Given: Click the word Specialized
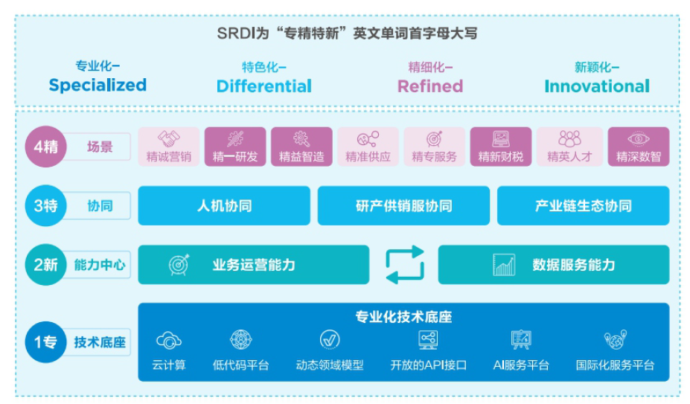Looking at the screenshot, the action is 98,85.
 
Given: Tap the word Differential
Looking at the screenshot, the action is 264,86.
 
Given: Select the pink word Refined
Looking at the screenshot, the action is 430,86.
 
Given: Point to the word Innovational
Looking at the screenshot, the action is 597,86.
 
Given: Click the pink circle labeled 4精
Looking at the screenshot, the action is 45,147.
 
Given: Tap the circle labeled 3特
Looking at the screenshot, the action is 45,205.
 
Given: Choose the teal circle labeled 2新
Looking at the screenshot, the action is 45,264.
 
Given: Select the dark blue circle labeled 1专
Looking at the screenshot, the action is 45,342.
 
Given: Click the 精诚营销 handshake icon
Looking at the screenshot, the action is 169,139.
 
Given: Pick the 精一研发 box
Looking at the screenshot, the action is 235,147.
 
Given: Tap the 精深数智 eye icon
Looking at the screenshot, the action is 639,139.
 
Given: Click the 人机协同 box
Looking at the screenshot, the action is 224,205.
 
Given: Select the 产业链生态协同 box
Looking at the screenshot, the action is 583,205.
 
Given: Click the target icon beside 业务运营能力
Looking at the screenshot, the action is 179,264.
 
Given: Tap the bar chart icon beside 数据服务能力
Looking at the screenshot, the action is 504,265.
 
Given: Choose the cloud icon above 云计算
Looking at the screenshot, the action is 168,340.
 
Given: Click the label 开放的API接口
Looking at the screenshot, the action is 428,365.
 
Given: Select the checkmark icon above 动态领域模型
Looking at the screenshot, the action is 330,340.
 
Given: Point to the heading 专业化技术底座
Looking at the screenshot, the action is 403,317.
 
